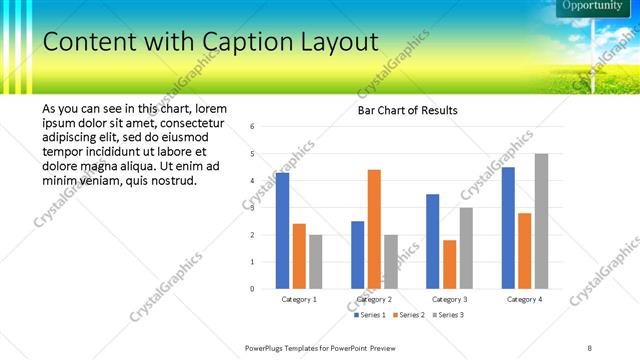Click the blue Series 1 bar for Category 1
click(x=282, y=231)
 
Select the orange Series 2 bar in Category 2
click(x=374, y=229)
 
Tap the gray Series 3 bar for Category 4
click(x=541, y=221)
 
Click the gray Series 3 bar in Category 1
click(x=316, y=261)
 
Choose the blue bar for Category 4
click(x=508, y=228)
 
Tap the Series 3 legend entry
click(x=449, y=315)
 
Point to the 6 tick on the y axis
click(x=252, y=126)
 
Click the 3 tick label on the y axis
click(x=252, y=208)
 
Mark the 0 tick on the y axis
click(x=252, y=289)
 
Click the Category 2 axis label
click(x=374, y=299)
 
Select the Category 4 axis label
click(x=524, y=299)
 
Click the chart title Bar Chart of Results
click(x=408, y=109)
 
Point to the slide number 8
click(x=590, y=347)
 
